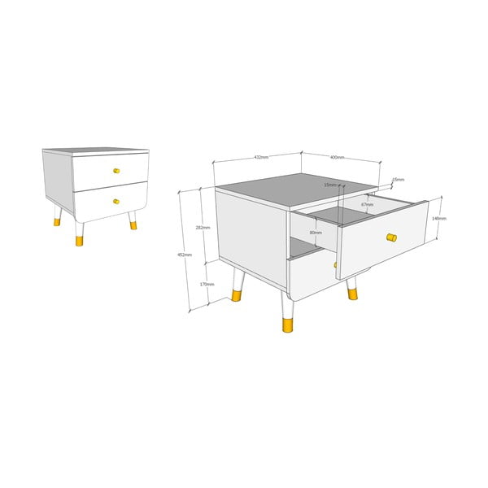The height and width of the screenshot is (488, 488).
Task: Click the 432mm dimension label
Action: click(261, 156)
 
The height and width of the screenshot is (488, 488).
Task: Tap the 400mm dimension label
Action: click(338, 157)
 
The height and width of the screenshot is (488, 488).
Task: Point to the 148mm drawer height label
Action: click(438, 218)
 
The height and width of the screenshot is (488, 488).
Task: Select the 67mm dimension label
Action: click(368, 204)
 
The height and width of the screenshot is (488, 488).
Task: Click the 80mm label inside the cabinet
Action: click(316, 233)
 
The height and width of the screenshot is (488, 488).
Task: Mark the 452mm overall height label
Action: click(185, 255)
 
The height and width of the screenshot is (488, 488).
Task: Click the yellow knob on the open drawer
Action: click(391, 237)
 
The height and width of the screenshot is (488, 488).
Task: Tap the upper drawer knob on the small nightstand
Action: click(115, 171)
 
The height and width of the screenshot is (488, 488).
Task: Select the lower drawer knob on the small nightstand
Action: click(115, 201)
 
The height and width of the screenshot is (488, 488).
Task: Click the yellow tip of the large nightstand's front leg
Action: click(287, 325)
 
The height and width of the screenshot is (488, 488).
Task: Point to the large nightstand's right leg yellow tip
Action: click(352, 292)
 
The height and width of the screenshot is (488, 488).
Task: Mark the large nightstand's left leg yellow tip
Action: click(237, 295)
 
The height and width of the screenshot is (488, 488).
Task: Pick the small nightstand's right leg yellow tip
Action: click(133, 225)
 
